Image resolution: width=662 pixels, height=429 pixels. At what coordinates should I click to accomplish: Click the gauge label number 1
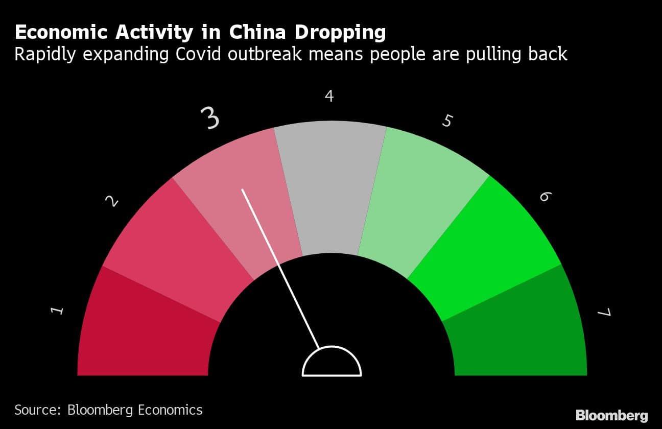(58, 310)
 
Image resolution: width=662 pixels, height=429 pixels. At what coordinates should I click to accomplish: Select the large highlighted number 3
(209, 118)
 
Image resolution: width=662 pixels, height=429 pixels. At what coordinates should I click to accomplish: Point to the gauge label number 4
(329, 96)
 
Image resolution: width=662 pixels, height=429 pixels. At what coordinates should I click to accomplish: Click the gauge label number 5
(447, 121)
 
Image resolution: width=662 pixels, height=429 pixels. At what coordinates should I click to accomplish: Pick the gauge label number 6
(545, 196)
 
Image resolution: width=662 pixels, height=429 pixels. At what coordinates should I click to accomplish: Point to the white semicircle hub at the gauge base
(332, 363)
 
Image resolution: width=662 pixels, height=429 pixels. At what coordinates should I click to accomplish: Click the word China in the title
(257, 32)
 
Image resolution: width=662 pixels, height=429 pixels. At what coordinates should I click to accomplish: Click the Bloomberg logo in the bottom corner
(611, 415)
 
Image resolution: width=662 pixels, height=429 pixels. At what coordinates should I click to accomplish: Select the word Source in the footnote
(35, 410)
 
